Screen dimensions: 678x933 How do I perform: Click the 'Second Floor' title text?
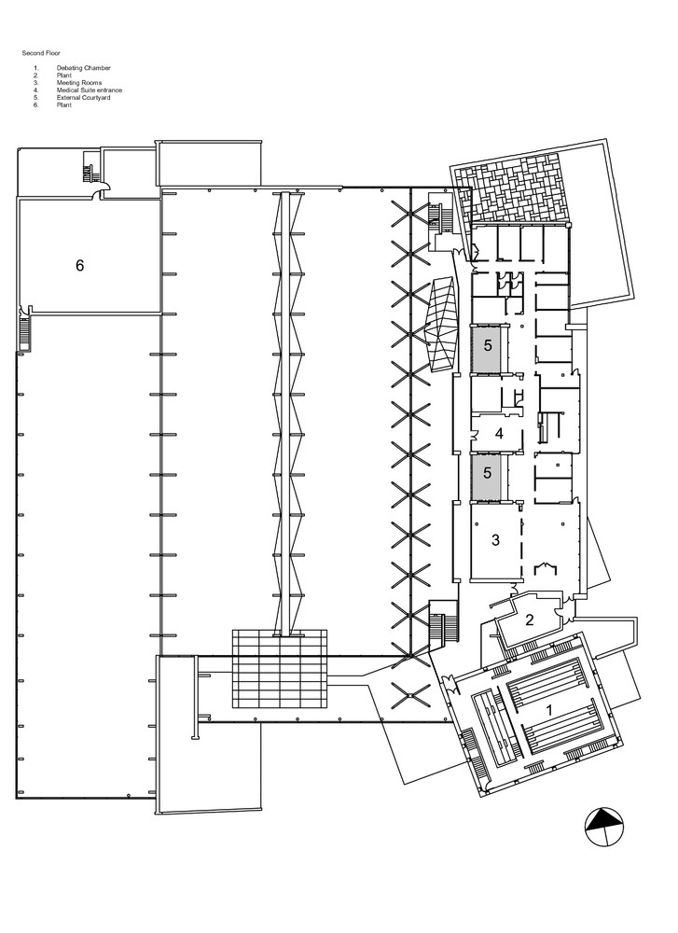(41, 53)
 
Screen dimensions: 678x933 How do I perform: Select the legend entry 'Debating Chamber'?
(84, 68)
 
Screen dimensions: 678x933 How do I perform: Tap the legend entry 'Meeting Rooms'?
(79, 83)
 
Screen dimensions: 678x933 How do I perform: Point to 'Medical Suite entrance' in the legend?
(90, 91)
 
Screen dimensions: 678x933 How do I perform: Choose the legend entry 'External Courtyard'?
(84, 98)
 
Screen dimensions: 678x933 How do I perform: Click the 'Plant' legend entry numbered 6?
(64, 105)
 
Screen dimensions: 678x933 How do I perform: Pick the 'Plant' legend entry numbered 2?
(64, 76)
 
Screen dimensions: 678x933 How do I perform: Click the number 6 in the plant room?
(79, 265)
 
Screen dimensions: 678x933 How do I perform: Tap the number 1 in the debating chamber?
(549, 710)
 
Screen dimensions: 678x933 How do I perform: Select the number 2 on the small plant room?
(529, 620)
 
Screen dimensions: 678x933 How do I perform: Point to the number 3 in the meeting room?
(495, 540)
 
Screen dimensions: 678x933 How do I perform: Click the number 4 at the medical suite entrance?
(499, 434)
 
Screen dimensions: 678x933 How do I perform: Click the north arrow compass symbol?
(604, 827)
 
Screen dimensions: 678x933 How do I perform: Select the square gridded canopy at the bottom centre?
(279, 668)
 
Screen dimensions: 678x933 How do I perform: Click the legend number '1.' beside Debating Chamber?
(36, 68)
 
